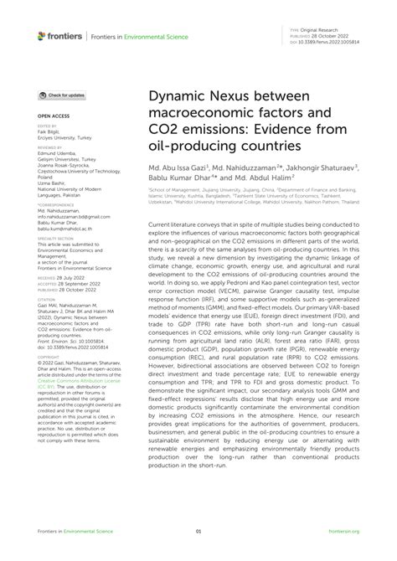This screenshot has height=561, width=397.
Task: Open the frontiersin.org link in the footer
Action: coord(345,531)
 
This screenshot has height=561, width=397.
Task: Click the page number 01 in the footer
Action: coord(198,531)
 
